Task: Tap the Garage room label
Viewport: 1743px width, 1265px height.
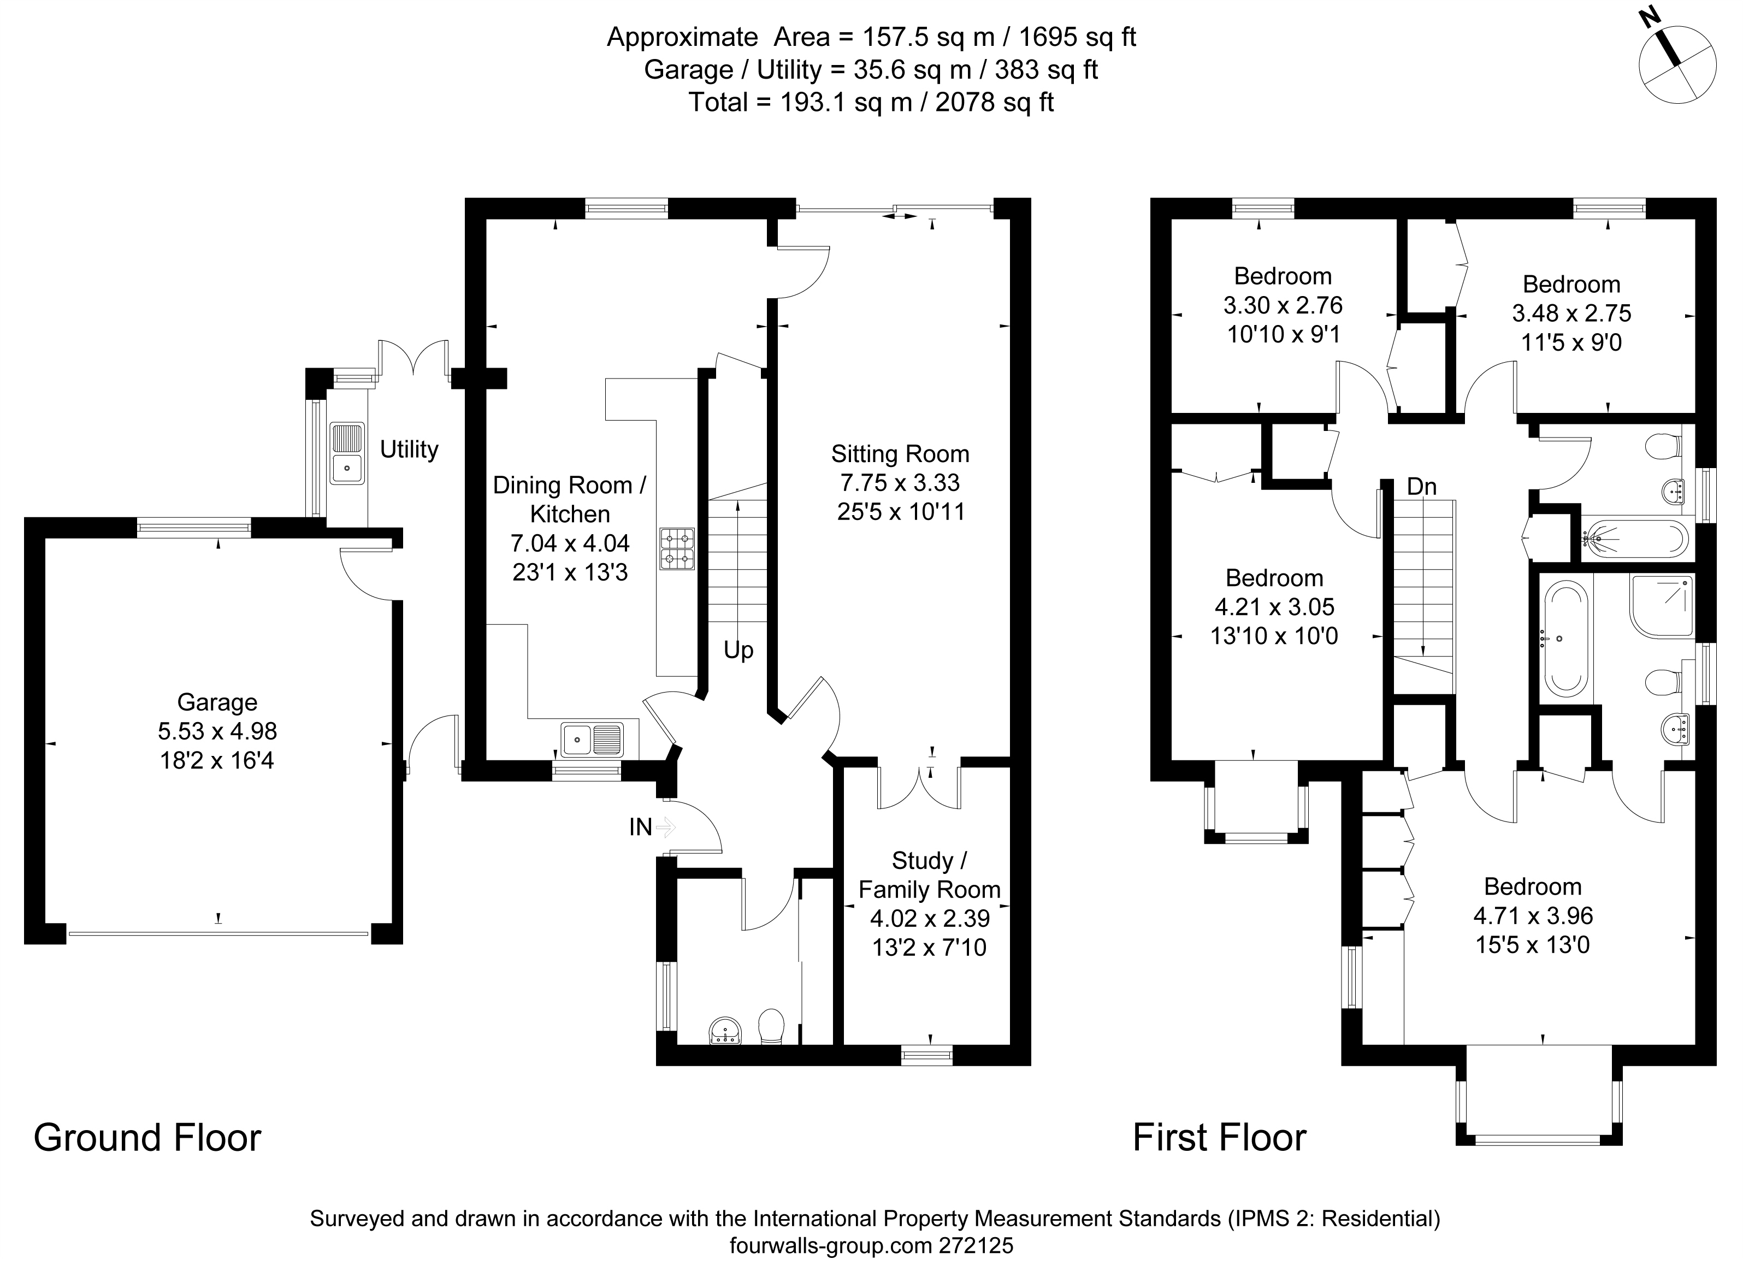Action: click(217, 702)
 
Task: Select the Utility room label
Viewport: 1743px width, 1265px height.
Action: click(409, 449)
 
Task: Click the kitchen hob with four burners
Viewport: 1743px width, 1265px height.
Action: click(676, 548)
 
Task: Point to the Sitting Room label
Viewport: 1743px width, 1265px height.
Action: click(900, 454)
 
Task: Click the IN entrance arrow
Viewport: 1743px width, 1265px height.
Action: click(665, 827)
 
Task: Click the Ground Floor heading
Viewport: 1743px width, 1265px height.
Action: click(147, 1137)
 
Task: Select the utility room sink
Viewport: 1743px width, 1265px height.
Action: click(347, 453)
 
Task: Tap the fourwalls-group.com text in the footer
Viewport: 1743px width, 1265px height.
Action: click(831, 1245)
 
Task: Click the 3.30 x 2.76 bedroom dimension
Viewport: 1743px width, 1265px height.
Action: click(1283, 305)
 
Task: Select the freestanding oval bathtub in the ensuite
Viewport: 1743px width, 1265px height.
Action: click(1565, 639)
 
